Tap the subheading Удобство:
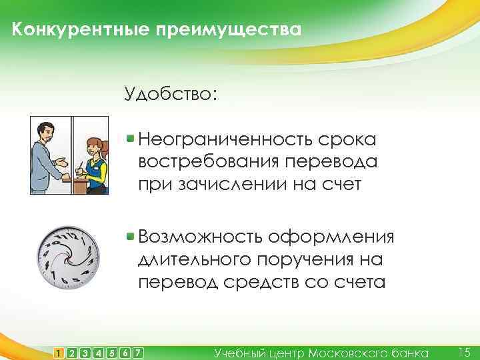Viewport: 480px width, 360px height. tap(170, 93)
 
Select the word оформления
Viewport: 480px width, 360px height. tap(333, 237)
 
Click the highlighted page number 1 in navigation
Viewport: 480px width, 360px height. tap(59, 352)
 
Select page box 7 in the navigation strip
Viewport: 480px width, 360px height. tap(138, 352)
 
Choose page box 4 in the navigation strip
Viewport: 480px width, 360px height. tap(99, 352)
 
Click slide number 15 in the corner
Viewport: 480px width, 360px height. tap(465, 351)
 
